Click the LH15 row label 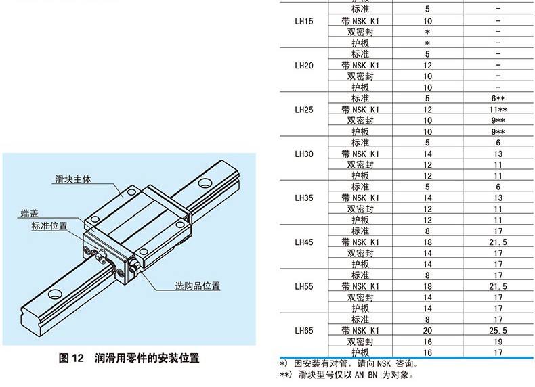304,22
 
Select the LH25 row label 304,110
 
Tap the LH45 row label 304,242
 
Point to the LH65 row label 304,331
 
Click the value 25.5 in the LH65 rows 498,331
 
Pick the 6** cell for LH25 498,98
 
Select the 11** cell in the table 498,110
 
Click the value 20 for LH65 428,331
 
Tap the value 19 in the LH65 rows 498,342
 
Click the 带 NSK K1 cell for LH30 360,154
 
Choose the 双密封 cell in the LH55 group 360,297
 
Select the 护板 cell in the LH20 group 360,87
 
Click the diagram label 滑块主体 73,179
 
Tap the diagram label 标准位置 49,226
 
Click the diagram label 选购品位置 198,286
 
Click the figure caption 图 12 70,359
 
